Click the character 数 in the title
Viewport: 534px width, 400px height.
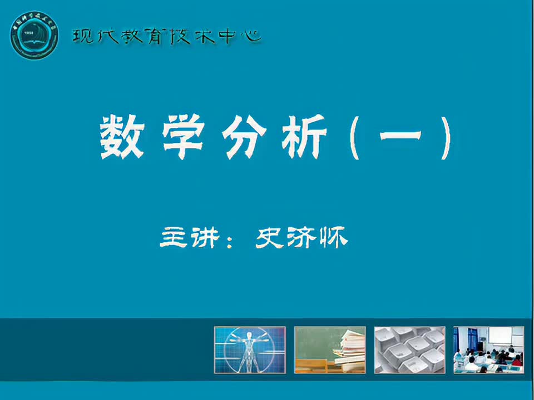(122, 138)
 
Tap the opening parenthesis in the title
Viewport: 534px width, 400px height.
(356, 139)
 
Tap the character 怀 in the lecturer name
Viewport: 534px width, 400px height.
(334, 238)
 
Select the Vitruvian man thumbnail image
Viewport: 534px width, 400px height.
(250, 349)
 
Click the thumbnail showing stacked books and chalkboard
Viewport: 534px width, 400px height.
(330, 349)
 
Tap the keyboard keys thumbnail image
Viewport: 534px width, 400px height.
(409, 349)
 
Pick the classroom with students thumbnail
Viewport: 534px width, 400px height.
(489, 349)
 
